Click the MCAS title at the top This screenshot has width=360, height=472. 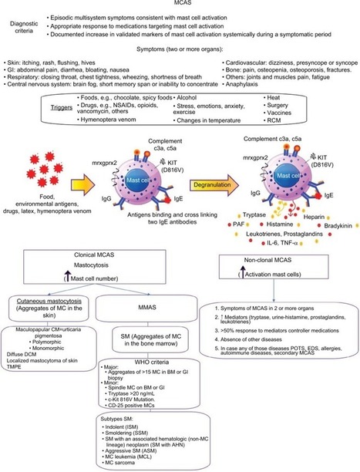click(x=180, y=5)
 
